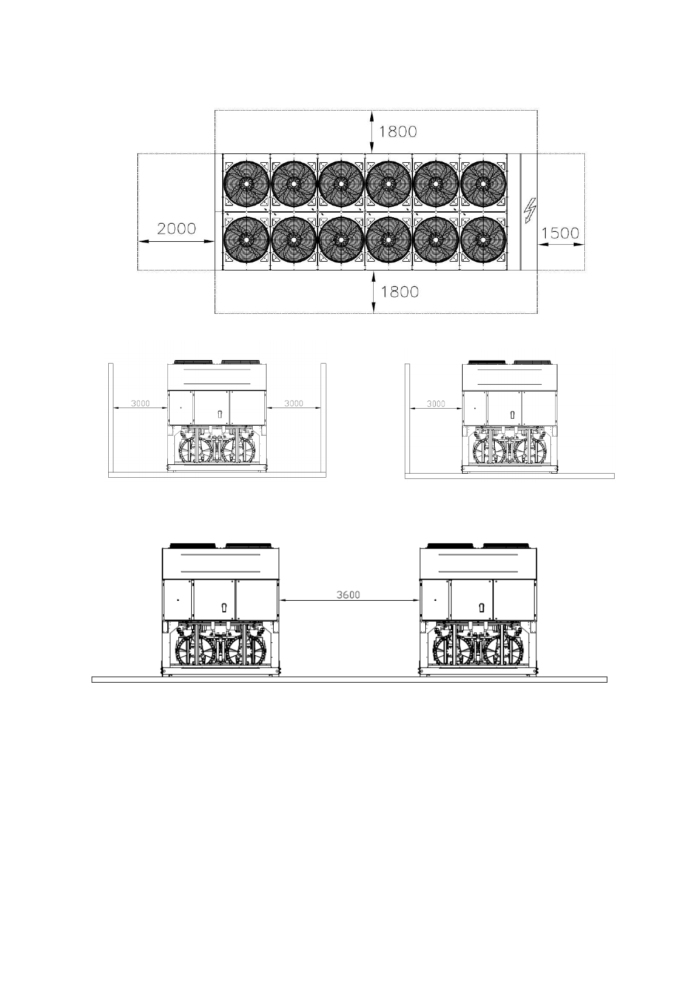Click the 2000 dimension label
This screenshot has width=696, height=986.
tap(176, 229)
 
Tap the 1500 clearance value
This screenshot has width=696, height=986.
tap(560, 233)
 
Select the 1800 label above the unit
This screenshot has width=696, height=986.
tap(398, 132)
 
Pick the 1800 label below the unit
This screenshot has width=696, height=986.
tap(399, 292)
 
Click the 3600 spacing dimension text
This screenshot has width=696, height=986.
tap(348, 595)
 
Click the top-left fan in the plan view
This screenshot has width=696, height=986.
tap(247, 183)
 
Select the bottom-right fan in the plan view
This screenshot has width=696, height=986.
tap(483, 240)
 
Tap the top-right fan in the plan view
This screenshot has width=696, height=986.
tap(483, 183)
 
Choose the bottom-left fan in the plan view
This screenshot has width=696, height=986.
tap(247, 240)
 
